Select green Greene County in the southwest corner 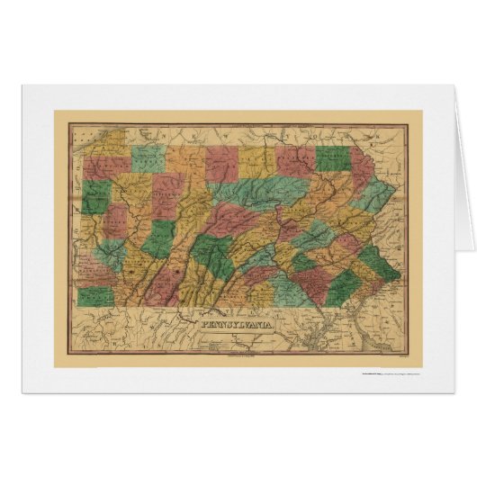(92, 296)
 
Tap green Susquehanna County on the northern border (331, 158)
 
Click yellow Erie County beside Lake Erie (98, 168)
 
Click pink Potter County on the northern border (220, 162)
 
